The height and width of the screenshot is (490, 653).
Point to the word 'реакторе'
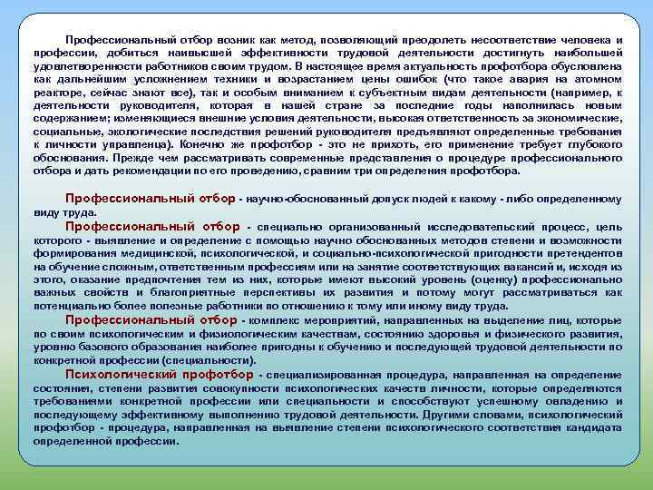pyautogui.click(x=57, y=92)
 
